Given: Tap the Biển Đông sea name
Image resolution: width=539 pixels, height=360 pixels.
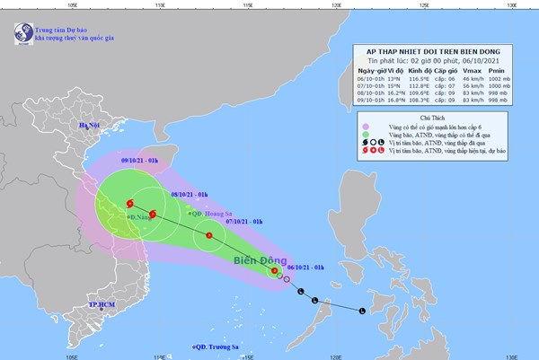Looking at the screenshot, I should (256, 261).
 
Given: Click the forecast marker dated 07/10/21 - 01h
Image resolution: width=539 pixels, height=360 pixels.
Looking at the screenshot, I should (209, 236).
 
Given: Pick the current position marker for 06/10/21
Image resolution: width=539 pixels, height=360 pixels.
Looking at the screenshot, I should (274, 271).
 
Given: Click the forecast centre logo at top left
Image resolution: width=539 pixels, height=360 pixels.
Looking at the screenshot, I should (20, 35).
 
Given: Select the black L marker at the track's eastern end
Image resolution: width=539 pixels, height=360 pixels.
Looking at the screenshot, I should (362, 312).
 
